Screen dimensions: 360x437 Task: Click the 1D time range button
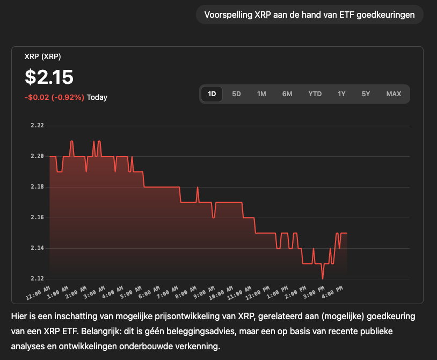tap(212, 94)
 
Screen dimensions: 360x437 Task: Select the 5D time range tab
tap(236, 94)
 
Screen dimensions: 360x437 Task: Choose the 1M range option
tap(261, 94)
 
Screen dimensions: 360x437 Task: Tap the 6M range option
tap(287, 94)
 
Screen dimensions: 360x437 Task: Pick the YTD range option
tap(315, 94)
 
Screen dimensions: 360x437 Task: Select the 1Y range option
tap(341, 94)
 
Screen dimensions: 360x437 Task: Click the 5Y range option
tap(366, 94)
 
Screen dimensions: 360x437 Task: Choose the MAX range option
tap(394, 94)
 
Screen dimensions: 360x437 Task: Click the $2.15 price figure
tap(49, 77)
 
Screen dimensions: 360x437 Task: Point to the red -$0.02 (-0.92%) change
tap(54, 98)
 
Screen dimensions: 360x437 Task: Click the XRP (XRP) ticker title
tap(43, 56)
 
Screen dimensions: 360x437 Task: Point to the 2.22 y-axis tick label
tap(37, 126)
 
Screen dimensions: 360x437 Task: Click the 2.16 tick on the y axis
tap(37, 218)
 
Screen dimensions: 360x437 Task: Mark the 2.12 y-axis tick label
tap(37, 279)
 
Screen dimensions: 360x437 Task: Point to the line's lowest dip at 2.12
tap(323, 278)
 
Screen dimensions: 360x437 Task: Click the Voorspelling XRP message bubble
tap(310, 15)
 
